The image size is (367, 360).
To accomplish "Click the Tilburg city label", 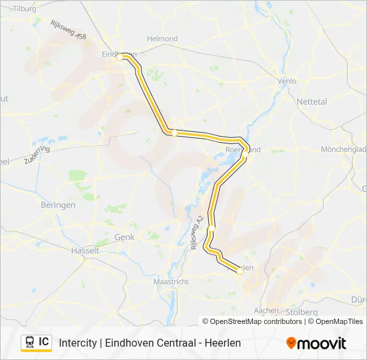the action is point(23,9).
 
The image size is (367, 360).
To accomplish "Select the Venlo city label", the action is point(286,81).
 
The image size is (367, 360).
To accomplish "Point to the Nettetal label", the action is point(312,102).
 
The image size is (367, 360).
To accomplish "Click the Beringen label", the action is point(58,205).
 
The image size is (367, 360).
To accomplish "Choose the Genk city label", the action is point(125,237).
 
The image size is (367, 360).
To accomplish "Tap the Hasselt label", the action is point(85,251).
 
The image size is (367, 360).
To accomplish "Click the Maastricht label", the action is point(171,282).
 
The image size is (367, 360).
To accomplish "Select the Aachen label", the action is point(267,311).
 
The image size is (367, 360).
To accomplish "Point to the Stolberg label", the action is point(300,311).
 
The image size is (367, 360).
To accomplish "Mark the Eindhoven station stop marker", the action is point(120,57).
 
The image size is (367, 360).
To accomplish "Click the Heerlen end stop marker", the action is point(240,270).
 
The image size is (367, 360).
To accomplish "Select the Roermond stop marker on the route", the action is point(245,151).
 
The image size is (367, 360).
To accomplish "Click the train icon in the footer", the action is point(30,342).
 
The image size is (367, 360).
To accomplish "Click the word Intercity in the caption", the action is point(77,343).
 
